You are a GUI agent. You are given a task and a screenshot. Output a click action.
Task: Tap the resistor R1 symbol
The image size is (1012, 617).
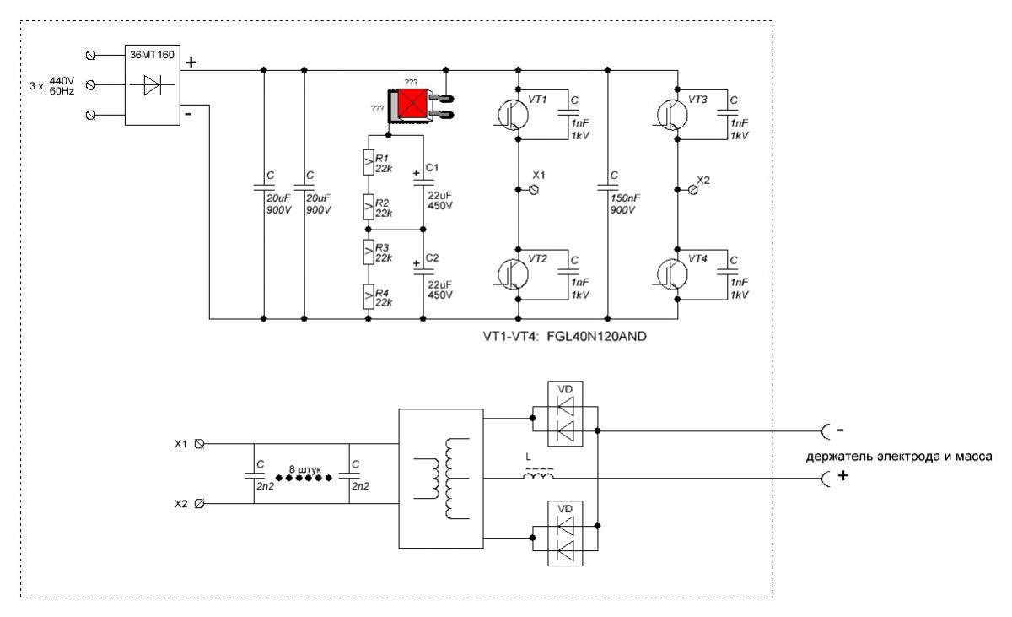(x=368, y=162)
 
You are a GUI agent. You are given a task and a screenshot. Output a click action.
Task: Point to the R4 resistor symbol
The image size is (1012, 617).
(x=368, y=297)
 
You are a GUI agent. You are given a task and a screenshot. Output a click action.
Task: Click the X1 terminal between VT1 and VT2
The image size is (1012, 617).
(x=533, y=190)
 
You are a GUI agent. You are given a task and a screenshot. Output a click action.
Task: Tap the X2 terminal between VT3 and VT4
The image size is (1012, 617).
(x=694, y=190)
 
